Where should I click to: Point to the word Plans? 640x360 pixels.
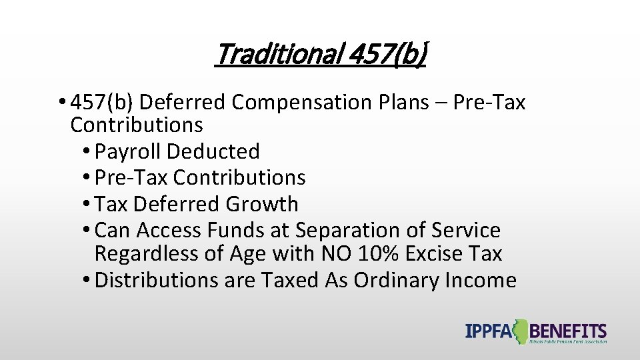click(x=421, y=103)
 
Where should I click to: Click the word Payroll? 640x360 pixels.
click(x=128, y=152)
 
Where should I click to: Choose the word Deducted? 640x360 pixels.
click(x=213, y=152)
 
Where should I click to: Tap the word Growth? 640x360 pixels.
click(x=262, y=204)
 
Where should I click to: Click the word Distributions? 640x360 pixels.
click(x=156, y=281)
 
